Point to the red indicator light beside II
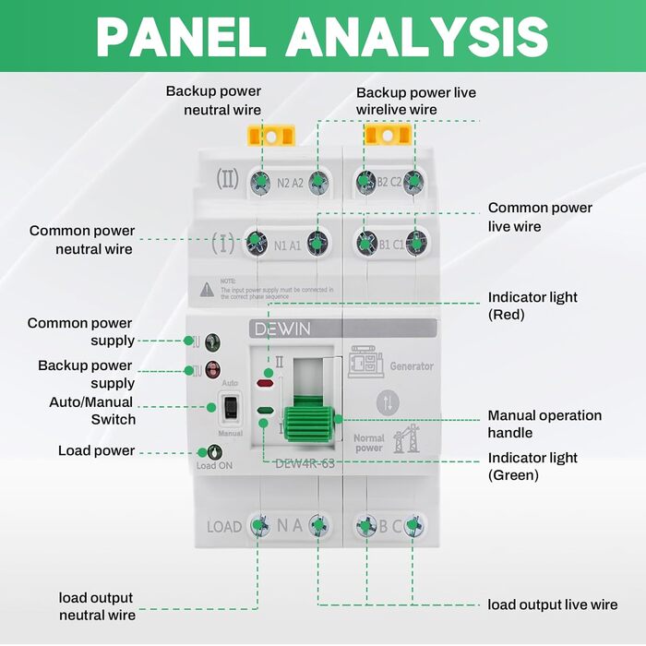[265, 381]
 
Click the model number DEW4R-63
[305, 463]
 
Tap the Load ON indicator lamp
[214, 451]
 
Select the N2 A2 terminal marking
[290, 183]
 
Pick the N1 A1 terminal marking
[288, 245]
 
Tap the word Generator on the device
[411, 366]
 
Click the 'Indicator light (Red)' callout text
[532, 305]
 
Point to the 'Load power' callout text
[96, 450]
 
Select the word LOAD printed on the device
[223, 527]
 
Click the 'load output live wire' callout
[552, 604]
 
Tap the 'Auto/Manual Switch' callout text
[92, 411]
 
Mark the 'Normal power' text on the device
[369, 443]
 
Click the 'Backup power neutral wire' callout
[213, 101]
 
